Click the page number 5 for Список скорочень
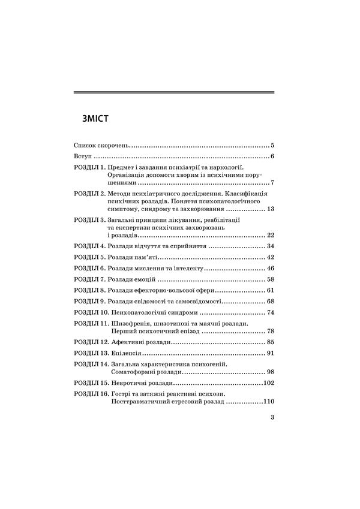pyautogui.click(x=272, y=146)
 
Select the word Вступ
pyautogui.click(x=82, y=156)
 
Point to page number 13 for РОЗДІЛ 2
pyautogui.click(x=270, y=209)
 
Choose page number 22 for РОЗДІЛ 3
pyautogui.click(x=270, y=235)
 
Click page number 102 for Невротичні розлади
pyautogui.click(x=268, y=382)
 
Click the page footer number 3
pyautogui.click(x=272, y=418)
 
